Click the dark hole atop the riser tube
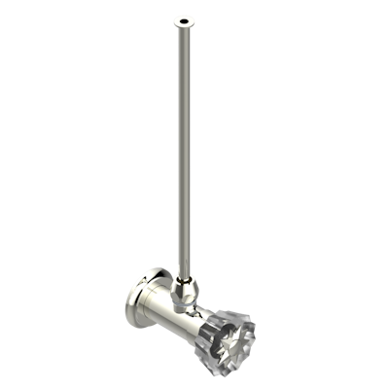click(182, 18)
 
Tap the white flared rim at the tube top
click(175, 19)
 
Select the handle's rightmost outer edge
click(259, 340)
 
